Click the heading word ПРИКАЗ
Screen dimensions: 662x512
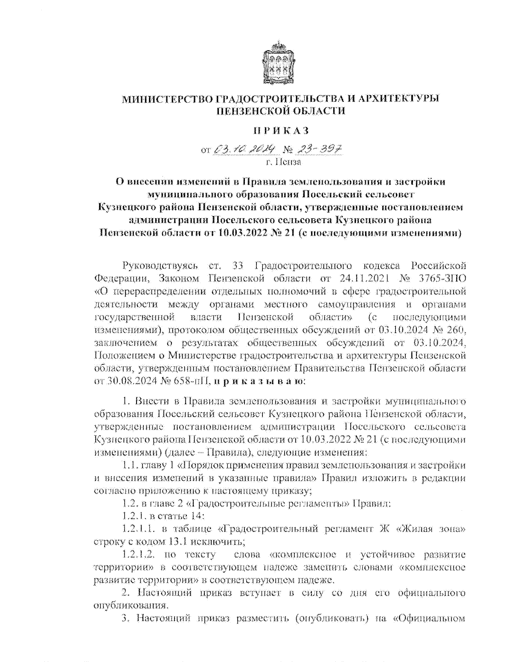(280, 130)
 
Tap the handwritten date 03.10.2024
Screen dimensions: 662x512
(246, 150)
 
